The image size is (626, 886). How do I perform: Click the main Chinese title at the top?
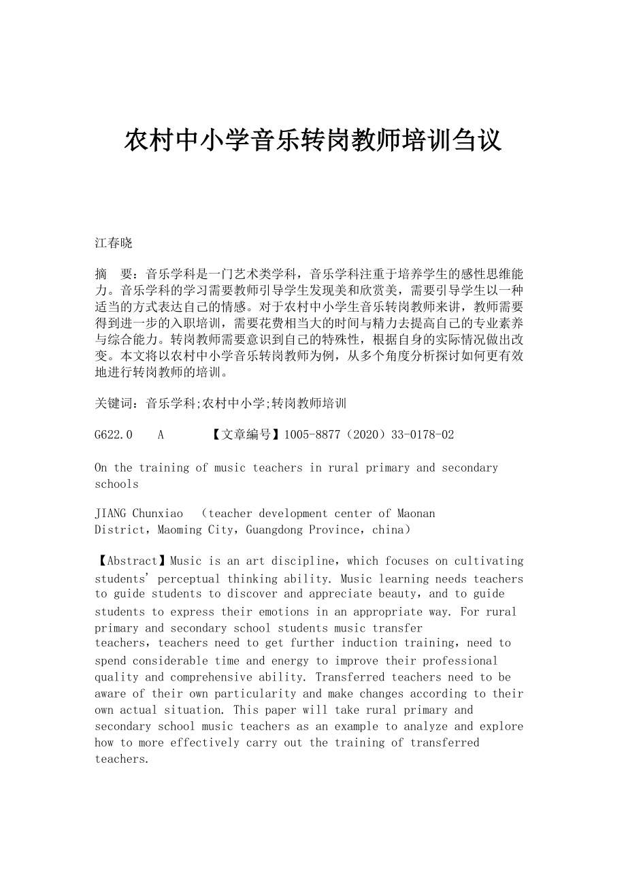pyautogui.click(x=313, y=141)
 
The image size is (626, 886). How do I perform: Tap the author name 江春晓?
pyautogui.click(x=114, y=243)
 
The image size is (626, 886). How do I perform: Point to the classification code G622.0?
pyautogui.click(x=114, y=435)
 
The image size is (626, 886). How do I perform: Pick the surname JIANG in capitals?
pyautogui.click(x=110, y=514)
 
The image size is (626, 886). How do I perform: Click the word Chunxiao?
pyautogui.click(x=158, y=514)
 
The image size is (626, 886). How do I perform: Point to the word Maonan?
pyautogui.click(x=416, y=514)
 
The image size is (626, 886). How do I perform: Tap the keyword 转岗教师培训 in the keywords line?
pyautogui.click(x=309, y=404)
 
